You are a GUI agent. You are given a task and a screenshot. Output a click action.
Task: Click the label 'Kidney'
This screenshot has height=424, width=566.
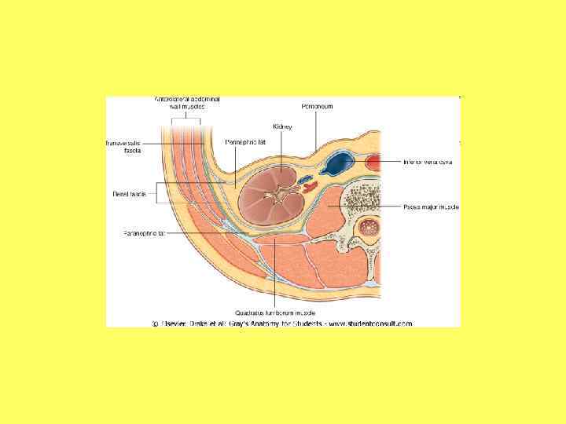tap(282, 126)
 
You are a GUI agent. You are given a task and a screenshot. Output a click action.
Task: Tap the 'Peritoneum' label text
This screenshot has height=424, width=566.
tap(317, 106)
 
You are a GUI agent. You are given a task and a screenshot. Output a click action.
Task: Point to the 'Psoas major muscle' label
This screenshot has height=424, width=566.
tap(431, 207)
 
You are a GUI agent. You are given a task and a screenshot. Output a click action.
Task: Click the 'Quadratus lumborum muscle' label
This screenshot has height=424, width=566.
tap(274, 311)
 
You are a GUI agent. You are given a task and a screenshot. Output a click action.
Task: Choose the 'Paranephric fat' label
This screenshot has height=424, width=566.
tap(144, 233)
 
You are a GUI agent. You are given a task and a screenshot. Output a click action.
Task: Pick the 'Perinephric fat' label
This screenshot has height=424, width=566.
tap(241, 142)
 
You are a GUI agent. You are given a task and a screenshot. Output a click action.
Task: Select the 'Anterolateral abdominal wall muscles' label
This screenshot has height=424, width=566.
tap(187, 102)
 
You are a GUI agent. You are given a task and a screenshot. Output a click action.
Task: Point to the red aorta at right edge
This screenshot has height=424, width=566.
tap(373, 163)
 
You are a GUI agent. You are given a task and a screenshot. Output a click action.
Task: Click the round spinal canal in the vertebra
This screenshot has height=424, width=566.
tap(367, 230)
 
